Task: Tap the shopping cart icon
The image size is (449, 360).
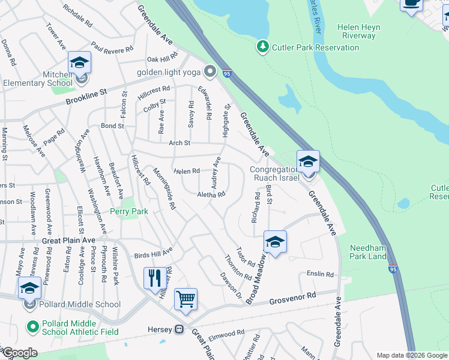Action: pyautogui.click(x=186, y=299)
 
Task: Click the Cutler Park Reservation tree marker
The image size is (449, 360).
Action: pyautogui.click(x=262, y=46)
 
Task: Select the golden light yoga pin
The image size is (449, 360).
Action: pyautogui.click(x=209, y=72)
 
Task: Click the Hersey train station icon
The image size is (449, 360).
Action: pyautogui.click(x=179, y=329)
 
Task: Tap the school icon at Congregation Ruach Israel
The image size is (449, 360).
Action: pyautogui.click(x=308, y=162)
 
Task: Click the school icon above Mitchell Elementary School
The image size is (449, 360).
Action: pyautogui.click(x=79, y=62)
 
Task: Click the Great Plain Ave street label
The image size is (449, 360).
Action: pyautogui.click(x=69, y=240)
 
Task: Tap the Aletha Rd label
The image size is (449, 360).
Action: pyautogui.click(x=211, y=194)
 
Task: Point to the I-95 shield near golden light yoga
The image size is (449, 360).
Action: pyautogui.click(x=226, y=73)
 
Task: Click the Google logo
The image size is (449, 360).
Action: pyautogui.click(x=19, y=353)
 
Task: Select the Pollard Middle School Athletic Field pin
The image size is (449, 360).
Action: pyautogui.click(x=32, y=326)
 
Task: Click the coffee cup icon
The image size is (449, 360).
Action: pyautogui.click(x=411, y=3)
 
